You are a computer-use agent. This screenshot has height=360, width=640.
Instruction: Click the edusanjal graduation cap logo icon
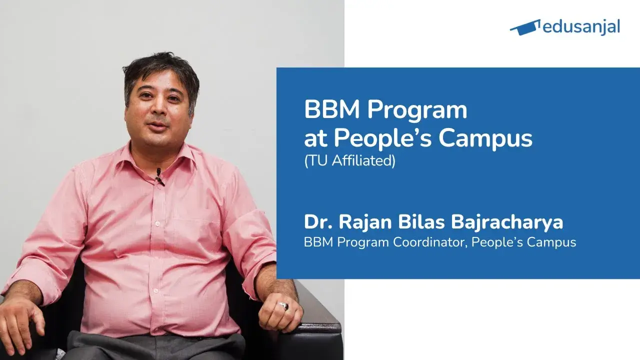pos(525,27)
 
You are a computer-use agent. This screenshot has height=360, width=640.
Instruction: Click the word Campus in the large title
pos(485,138)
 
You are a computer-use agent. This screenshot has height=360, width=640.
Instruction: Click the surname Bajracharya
pos(508,222)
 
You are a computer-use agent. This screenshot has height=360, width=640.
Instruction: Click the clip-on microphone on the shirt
pos(159,176)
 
